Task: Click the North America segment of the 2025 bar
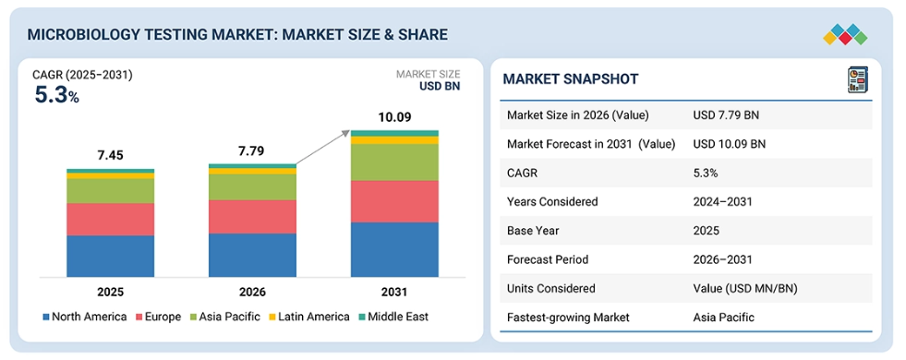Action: pos(110,256)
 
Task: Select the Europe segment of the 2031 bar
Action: pos(394,201)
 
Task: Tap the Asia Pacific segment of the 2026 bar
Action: pos(252,187)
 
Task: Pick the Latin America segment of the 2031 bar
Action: pos(394,139)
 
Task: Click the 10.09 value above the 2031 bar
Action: pos(394,118)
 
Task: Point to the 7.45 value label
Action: pos(110,155)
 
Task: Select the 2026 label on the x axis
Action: pos(252,292)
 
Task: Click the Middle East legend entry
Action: pos(393,317)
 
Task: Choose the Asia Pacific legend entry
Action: pos(223,317)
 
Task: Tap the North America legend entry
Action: pos(84,317)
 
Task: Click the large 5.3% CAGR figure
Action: pos(56,95)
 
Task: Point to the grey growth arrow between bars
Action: pos(322,148)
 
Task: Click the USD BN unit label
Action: pos(440,87)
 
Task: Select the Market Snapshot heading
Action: pos(571,79)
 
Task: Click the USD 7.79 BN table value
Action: pos(726,115)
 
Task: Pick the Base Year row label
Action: pos(533,231)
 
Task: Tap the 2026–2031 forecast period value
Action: pos(723,259)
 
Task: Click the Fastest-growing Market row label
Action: pos(568,318)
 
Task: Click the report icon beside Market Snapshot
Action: pos(857,79)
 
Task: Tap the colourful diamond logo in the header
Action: pos(845,35)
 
